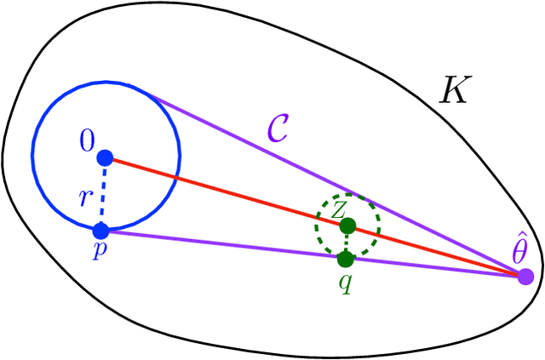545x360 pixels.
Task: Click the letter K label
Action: click(x=453, y=90)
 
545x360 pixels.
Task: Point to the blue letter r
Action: click(x=84, y=198)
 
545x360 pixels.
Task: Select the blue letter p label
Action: click(x=100, y=253)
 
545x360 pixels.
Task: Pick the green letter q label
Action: click(x=345, y=281)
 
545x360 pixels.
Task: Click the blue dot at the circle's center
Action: click(x=105, y=157)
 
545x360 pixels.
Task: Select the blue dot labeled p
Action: click(x=100, y=230)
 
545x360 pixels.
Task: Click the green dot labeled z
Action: click(x=347, y=226)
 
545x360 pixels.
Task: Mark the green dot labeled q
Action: click(x=345, y=258)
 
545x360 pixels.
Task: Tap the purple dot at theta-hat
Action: click(x=525, y=277)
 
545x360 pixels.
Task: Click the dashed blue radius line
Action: click(x=103, y=194)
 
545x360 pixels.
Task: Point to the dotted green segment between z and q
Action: click(x=347, y=243)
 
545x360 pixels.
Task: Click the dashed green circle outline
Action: click(x=317, y=224)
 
